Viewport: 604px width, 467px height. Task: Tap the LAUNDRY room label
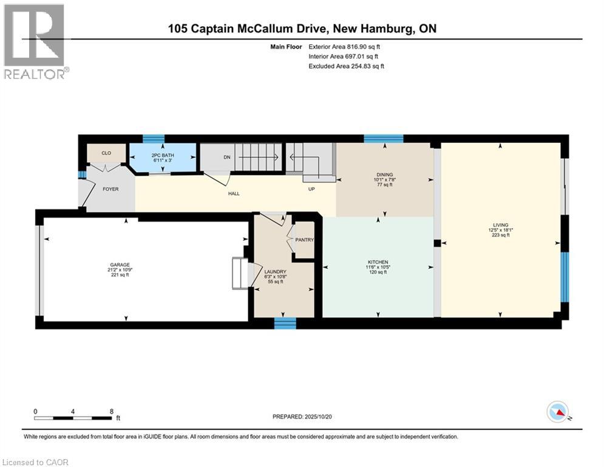[271, 271]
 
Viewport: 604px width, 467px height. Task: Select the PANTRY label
[304, 240]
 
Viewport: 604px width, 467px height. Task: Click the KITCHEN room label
[376, 262]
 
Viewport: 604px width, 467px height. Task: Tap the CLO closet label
[106, 154]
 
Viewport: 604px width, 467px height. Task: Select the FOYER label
[110, 189]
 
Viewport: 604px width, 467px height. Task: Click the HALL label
[234, 194]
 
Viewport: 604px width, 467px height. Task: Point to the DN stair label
[227, 157]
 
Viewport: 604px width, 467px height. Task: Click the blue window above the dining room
[383, 139]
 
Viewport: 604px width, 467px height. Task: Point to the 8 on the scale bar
[111, 411]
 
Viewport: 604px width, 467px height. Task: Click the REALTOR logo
[35, 41]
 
